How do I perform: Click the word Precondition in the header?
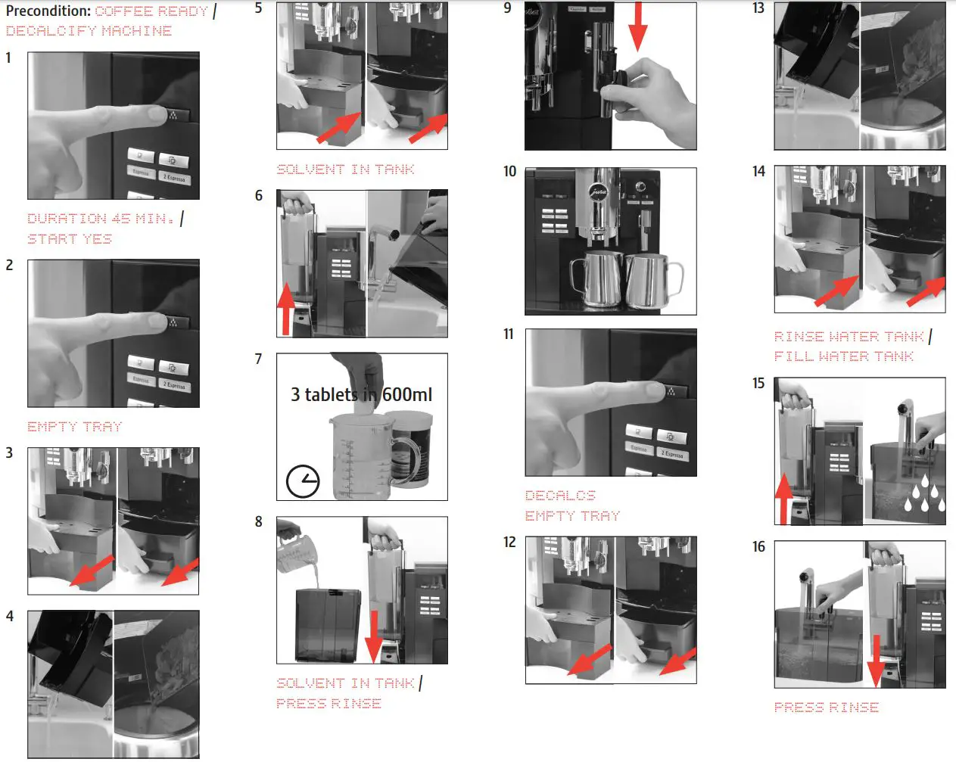[x=48, y=11]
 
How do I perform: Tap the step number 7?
[x=258, y=359]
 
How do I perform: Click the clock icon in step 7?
[x=303, y=481]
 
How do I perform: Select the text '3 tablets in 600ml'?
[x=361, y=395]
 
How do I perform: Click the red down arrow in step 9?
[x=638, y=26]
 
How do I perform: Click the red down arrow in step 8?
[x=374, y=636]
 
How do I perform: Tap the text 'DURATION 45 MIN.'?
[x=101, y=219]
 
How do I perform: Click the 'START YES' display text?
[x=70, y=239]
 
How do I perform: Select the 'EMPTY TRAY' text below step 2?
[x=74, y=427]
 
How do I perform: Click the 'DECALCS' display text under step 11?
[x=560, y=496]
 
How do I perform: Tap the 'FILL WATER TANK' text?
[x=843, y=356]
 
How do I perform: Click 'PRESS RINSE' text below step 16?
[x=826, y=708]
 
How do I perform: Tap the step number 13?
[x=758, y=8]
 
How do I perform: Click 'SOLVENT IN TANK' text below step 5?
[x=345, y=170]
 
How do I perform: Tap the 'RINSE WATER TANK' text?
[x=849, y=337]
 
